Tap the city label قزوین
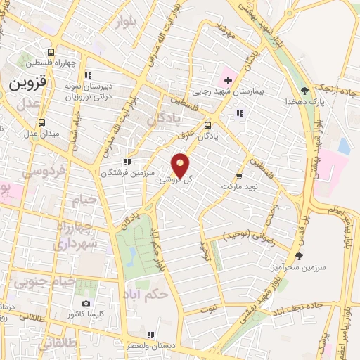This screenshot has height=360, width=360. point(27,82)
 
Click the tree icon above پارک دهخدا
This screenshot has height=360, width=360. point(304,90)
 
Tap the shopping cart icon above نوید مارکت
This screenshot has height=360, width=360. point(239,176)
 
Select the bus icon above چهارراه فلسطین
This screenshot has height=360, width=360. point(51,53)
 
